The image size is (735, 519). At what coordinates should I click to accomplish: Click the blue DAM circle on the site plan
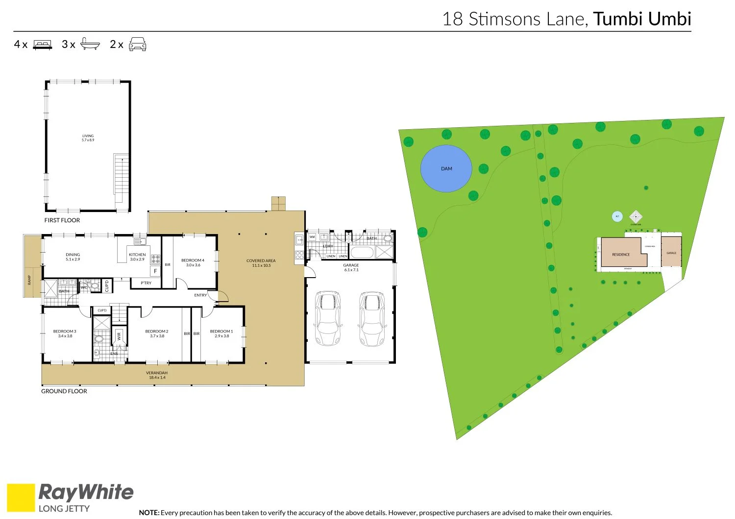446,168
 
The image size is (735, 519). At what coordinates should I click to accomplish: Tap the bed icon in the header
42,45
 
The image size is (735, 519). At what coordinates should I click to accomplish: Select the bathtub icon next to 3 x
90,44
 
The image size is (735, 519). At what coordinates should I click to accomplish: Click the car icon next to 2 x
137,44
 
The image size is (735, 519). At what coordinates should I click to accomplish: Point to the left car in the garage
327,319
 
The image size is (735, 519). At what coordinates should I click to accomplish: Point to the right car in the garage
372,319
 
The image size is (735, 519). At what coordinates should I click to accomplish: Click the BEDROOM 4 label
193,262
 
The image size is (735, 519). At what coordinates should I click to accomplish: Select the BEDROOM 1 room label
221,333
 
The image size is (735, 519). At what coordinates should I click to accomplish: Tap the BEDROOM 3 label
65,333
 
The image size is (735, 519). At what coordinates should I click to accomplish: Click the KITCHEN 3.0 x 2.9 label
137,257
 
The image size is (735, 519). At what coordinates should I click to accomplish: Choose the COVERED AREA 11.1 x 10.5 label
261,263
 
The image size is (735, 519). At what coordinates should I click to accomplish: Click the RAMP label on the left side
29,280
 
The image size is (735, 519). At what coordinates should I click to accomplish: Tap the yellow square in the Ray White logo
21,497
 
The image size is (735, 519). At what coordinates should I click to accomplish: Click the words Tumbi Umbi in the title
642,19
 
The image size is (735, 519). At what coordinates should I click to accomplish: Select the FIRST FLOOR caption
62,220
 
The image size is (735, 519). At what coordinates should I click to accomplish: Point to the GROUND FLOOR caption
64,391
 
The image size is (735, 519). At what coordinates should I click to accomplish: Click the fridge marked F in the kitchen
155,271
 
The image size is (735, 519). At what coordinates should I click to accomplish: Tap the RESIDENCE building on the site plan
621,253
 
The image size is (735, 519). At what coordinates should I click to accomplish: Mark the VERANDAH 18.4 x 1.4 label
157,375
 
